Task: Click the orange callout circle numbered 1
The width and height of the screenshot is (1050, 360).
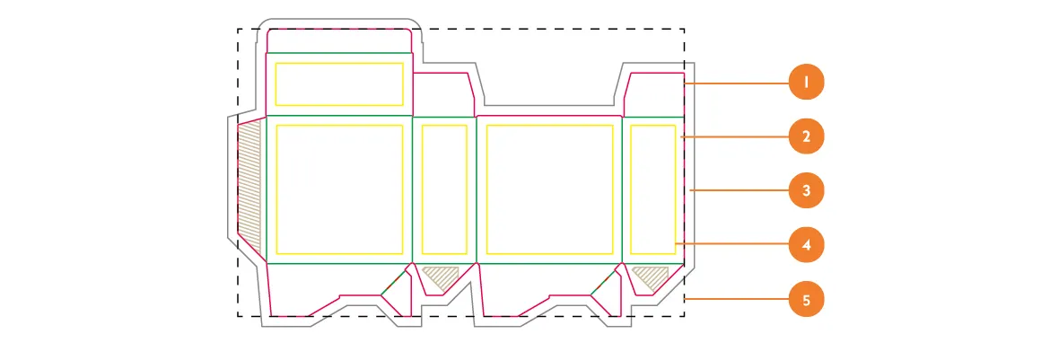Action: coord(806,83)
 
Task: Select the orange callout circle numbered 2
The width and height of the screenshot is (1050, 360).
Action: coord(806,137)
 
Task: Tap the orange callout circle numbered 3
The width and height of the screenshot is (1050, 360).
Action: coord(806,190)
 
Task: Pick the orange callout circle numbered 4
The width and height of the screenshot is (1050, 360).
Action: coord(806,244)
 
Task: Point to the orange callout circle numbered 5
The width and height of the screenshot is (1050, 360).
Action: coord(806,299)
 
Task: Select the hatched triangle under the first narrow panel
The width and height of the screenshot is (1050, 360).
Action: coord(440,277)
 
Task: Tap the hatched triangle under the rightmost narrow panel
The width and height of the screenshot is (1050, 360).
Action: coord(651,276)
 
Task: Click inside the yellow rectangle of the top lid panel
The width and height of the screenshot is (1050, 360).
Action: coord(338,84)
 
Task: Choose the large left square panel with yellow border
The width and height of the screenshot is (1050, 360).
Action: coord(338,189)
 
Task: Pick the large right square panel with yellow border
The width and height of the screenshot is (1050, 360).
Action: coord(548,189)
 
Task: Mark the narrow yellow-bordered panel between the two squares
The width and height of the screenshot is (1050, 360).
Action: coord(443,189)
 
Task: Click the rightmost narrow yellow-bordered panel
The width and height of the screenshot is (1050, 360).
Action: coord(652,189)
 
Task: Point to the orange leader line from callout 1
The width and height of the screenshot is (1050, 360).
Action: coord(738,83)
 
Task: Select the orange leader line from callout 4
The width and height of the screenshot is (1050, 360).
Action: coord(731,244)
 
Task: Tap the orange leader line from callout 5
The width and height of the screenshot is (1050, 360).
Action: coord(738,299)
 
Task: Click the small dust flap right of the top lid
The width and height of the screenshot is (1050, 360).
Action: coord(442,94)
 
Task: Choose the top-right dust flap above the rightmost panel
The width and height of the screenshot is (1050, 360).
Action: coord(653,94)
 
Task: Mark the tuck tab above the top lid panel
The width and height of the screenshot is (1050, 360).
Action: coord(339,40)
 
